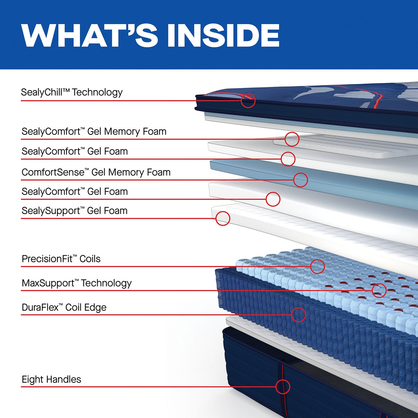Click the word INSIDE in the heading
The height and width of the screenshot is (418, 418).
223,35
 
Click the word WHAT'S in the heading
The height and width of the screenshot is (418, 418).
90,35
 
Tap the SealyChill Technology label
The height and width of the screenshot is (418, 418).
72,92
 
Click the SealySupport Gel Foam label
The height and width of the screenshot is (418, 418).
74,211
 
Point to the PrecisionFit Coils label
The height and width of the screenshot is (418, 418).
61,259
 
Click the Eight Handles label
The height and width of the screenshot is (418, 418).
51,380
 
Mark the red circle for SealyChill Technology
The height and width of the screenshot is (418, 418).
248,101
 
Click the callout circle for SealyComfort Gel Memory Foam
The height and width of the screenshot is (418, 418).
292,139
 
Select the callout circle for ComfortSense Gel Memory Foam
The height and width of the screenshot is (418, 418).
300,180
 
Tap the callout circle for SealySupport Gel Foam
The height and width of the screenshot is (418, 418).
223,218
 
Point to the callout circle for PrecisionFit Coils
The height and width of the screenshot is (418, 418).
317,266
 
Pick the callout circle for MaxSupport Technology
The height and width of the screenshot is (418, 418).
379,290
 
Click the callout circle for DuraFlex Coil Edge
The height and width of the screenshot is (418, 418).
298,315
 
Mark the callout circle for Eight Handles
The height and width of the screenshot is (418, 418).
283,387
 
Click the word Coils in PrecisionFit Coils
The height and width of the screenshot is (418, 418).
90,259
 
